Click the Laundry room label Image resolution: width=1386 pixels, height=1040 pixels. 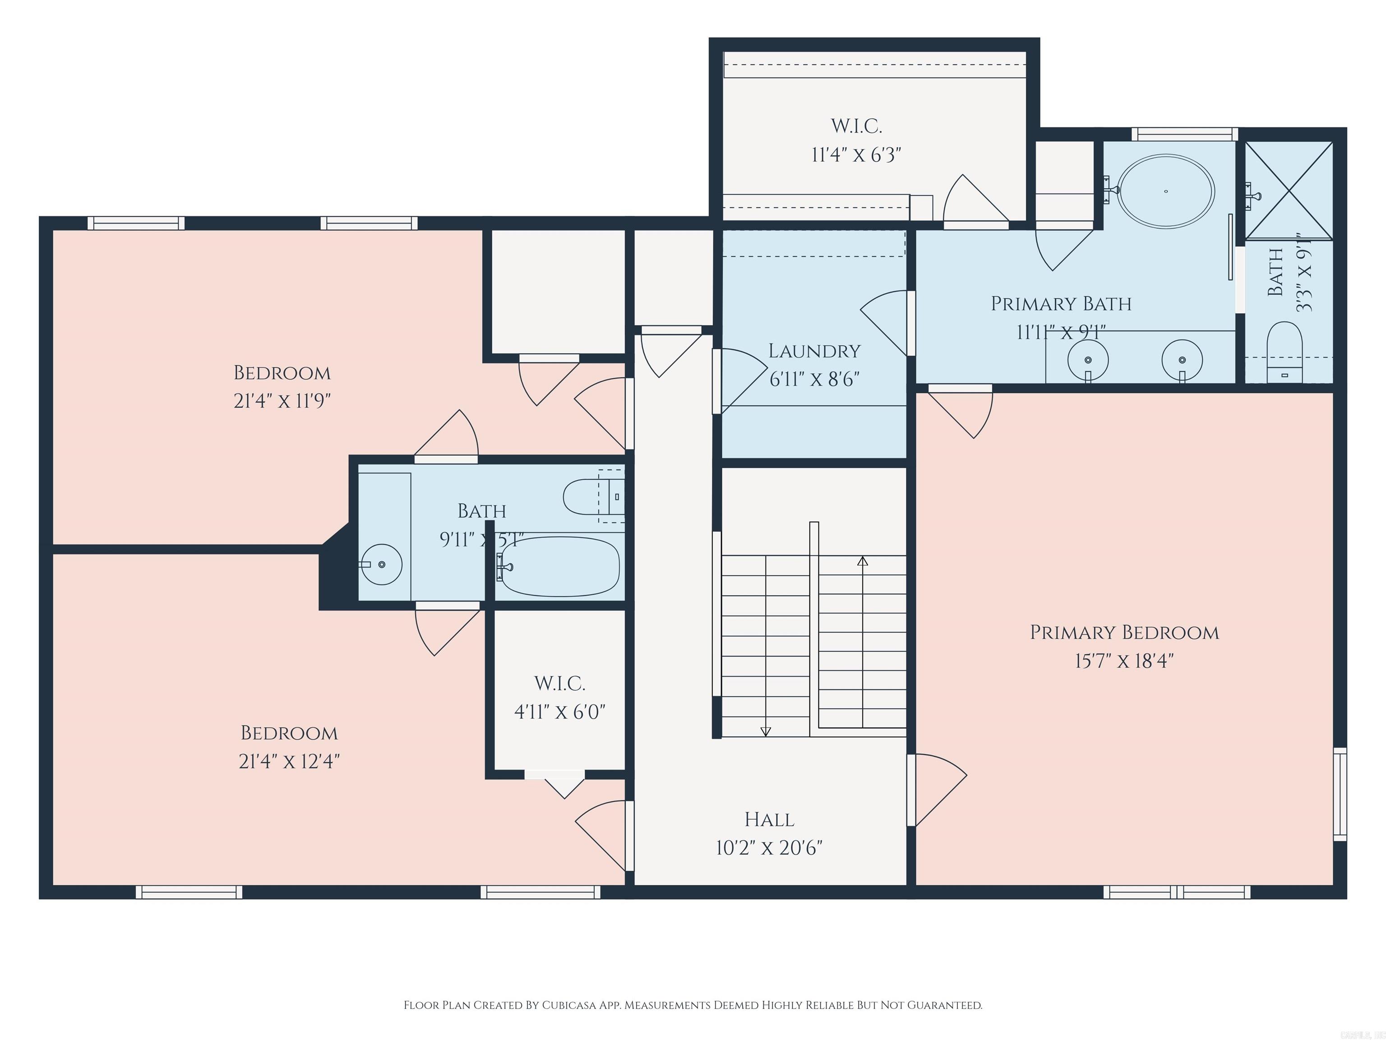814,351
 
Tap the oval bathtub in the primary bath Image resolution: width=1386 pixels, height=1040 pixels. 1166,191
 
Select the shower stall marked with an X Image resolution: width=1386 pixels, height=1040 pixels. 1288,190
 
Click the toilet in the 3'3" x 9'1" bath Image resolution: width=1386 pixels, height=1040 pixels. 1284,351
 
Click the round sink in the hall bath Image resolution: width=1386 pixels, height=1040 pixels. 382,565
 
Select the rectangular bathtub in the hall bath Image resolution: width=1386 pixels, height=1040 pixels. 559,566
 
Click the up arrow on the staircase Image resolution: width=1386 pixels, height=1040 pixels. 862,562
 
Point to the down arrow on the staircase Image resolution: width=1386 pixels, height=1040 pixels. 765,730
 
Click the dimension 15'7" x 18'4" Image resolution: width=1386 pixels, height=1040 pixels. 1124,661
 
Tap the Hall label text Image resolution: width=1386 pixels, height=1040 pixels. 769,819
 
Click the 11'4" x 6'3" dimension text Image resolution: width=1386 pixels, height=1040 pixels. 856,154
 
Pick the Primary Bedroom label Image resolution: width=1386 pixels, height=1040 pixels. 1124,632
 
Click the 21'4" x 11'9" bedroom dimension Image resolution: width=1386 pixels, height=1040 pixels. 282,400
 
